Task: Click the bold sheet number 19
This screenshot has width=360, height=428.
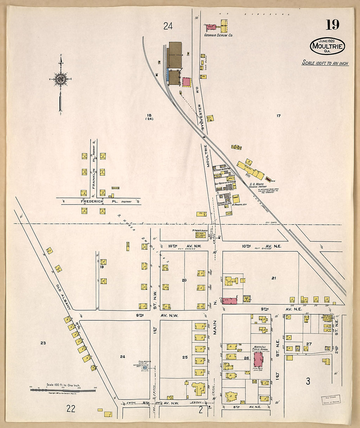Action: (x=332, y=25)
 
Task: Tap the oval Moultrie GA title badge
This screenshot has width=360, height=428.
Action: (x=327, y=46)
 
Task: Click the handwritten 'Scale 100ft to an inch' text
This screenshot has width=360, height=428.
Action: (x=325, y=63)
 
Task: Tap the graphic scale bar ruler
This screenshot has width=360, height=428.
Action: (x=63, y=390)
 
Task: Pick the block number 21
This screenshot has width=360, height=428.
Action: (x=274, y=278)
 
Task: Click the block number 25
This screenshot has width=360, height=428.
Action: (x=185, y=357)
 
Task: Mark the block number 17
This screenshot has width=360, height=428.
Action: (x=279, y=116)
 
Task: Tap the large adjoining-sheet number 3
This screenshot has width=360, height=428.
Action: (x=308, y=381)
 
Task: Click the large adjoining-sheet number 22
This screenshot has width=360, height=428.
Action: (x=71, y=408)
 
